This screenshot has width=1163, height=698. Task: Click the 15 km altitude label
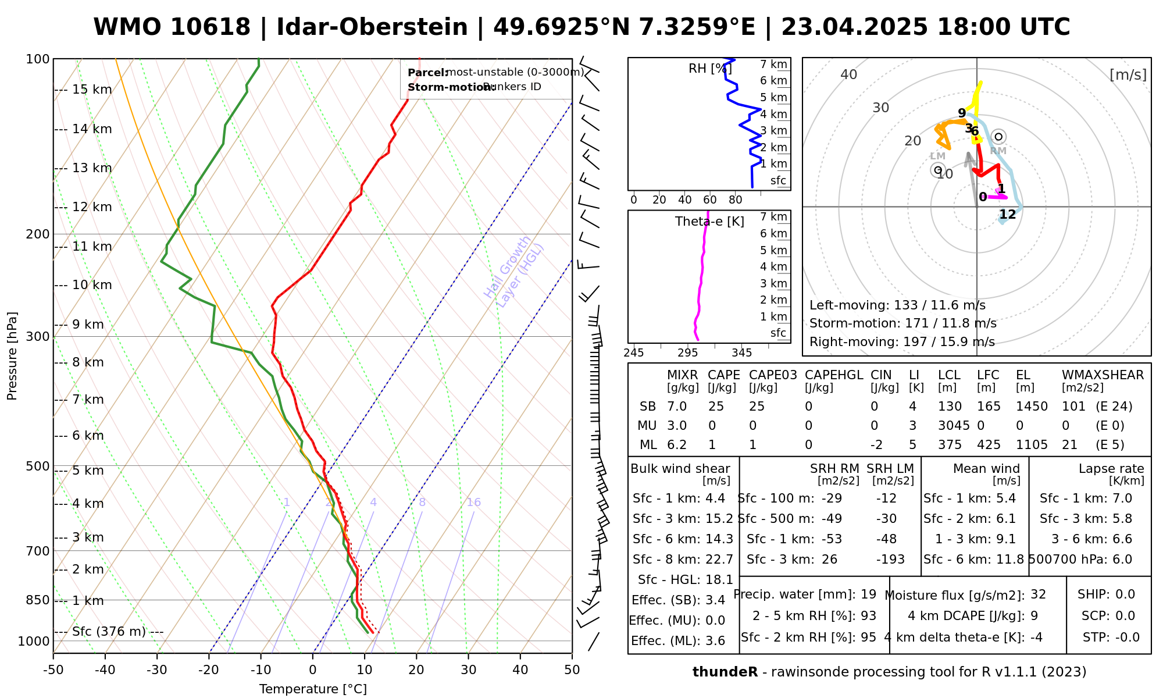click(92, 90)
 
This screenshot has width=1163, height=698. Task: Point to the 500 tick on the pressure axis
click(38, 466)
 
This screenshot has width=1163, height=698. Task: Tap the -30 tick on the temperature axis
click(156, 670)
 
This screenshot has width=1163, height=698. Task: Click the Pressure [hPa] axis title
click(12, 356)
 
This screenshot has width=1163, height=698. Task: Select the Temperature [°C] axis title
click(313, 689)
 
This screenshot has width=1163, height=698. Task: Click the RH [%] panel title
click(709, 69)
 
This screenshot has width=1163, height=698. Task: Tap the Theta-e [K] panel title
click(709, 222)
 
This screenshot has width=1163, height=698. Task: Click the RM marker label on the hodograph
click(998, 151)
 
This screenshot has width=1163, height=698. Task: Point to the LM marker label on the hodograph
click(937, 156)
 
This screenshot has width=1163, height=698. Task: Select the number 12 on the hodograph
click(1007, 215)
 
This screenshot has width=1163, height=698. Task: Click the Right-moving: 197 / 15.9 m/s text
click(902, 342)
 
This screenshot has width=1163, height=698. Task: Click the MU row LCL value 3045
click(954, 426)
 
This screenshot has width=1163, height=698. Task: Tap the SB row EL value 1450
click(1032, 407)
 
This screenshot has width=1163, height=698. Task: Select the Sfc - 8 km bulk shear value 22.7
click(719, 560)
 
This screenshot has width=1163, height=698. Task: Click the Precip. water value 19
click(868, 594)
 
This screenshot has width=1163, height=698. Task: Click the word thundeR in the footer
click(725, 672)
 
